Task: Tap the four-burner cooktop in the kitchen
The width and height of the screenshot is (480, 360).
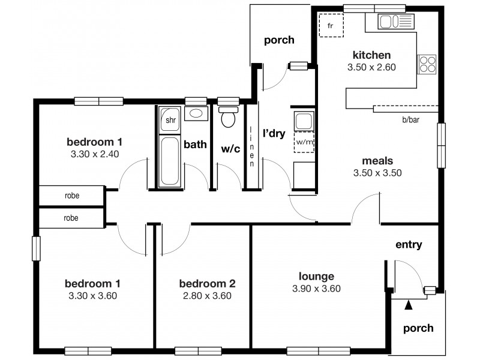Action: pos(427,64)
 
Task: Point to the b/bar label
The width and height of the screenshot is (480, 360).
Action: pos(410,120)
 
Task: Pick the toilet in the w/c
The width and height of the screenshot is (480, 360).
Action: pos(227,117)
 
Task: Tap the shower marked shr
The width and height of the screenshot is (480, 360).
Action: pos(170,120)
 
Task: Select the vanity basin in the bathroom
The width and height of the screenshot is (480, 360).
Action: pos(196,113)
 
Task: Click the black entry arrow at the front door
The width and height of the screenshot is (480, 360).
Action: pos(409,305)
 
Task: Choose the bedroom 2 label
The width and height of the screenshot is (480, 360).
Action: pos(207,284)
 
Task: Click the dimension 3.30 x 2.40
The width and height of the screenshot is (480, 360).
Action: pos(94,154)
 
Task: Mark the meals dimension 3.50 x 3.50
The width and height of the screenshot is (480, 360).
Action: pos(377,173)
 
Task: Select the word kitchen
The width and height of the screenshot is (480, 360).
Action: pos(372,55)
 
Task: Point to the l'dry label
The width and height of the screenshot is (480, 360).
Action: pos(274,133)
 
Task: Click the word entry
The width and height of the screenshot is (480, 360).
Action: pos(409,245)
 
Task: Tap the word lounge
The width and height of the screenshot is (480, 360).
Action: pos(316,277)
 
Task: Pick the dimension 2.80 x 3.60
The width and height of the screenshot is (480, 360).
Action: pos(208,296)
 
